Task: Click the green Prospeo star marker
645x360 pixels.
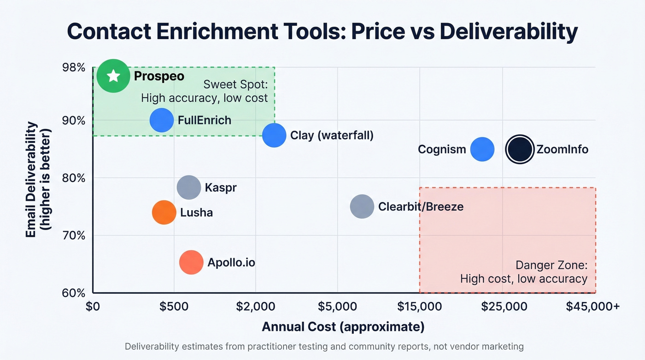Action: (113, 76)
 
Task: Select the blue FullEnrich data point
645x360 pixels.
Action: (162, 120)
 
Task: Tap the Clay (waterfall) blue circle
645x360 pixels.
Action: (274, 136)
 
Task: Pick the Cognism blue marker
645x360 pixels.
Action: (482, 149)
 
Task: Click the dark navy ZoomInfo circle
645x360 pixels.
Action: (520, 149)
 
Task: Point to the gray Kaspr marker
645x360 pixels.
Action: (189, 187)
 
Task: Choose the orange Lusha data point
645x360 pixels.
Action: (164, 212)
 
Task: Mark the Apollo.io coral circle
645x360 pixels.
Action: (191, 262)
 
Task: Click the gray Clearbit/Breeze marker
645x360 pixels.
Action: (362, 207)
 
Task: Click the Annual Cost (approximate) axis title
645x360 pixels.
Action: (343, 327)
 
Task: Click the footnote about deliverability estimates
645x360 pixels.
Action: (324, 347)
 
